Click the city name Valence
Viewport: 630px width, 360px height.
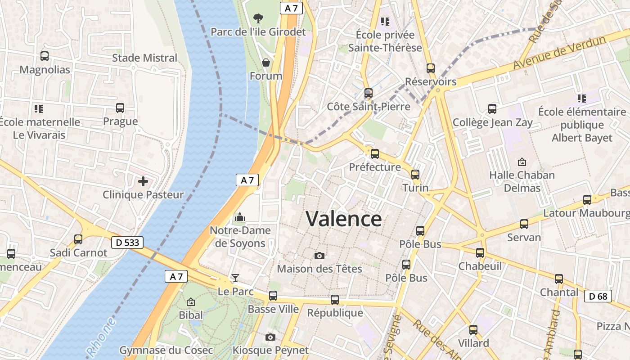coord(344,219)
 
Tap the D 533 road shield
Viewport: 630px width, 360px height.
coord(127,243)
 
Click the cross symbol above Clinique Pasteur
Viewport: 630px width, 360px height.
coord(143,181)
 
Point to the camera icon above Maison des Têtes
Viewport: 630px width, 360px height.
coord(319,256)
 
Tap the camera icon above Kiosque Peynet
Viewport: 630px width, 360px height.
coord(270,337)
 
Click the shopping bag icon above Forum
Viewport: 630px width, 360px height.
coord(266,63)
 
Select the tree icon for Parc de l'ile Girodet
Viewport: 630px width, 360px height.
coord(258,18)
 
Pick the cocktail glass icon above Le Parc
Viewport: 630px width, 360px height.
coord(235,278)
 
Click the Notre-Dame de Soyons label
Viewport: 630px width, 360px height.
coord(240,237)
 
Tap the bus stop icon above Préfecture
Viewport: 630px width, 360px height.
coord(375,154)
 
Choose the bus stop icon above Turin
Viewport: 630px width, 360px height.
coord(415,175)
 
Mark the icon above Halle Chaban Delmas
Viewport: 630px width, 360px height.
coord(522,162)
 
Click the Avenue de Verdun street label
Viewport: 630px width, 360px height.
coord(560,53)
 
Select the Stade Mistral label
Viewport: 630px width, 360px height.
coord(144,58)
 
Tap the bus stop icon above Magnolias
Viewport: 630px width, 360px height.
coord(45,56)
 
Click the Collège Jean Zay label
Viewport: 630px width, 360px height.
coord(492,122)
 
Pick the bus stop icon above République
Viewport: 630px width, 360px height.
coord(335,299)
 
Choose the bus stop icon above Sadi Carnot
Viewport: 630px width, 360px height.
coord(78,239)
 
